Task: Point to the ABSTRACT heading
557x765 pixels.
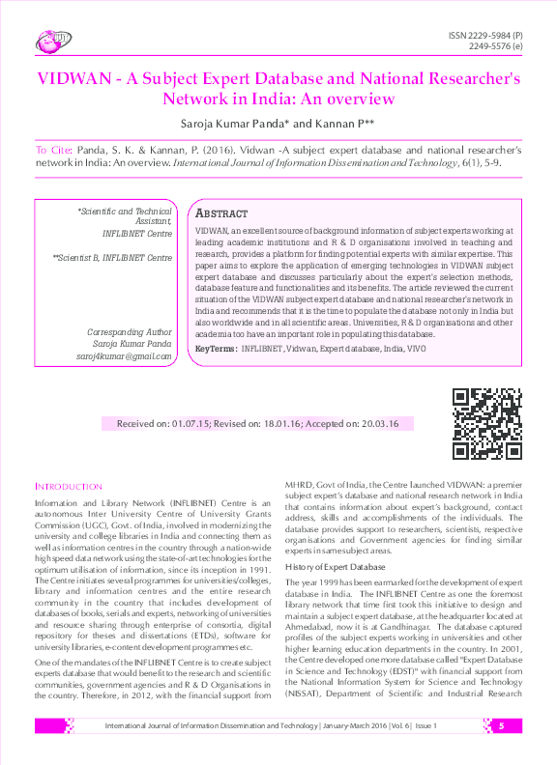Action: (x=221, y=212)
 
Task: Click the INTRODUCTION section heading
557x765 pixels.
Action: (x=68, y=487)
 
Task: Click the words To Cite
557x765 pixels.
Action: (x=53, y=151)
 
